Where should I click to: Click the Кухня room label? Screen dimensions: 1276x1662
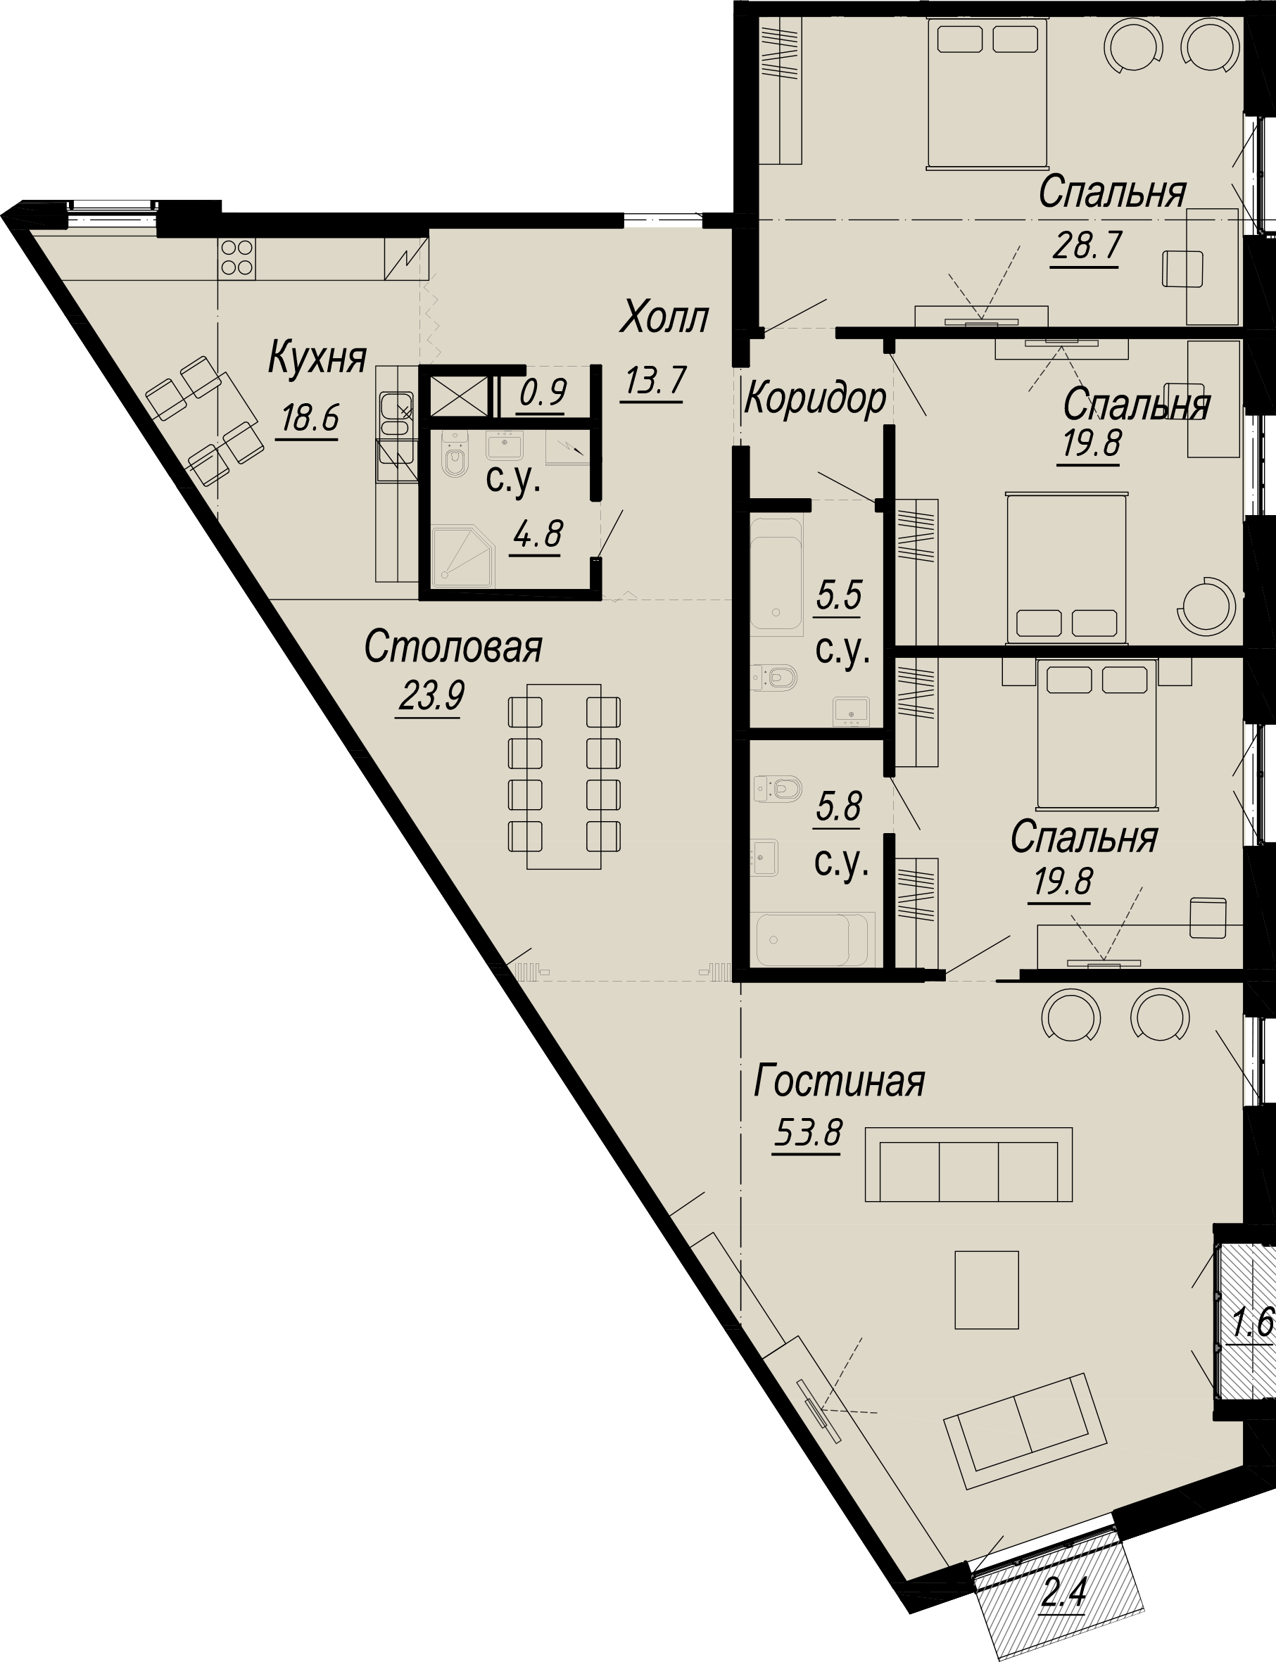tap(317, 358)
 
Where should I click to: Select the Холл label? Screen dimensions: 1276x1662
tap(664, 318)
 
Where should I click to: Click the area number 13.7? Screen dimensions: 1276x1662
tap(655, 380)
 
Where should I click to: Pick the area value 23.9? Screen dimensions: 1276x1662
tap(431, 696)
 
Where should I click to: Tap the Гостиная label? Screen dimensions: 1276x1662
tap(839, 1082)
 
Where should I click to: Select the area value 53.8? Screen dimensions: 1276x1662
tap(808, 1134)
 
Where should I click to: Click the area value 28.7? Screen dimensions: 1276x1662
tap(1087, 246)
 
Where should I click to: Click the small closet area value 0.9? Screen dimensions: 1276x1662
tap(543, 393)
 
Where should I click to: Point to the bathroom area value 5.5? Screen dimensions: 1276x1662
tap(838, 596)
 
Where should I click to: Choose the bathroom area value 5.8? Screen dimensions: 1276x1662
tap(838, 806)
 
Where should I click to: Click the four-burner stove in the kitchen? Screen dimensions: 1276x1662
tap(236, 258)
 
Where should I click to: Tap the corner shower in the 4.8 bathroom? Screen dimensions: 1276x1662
tap(462, 558)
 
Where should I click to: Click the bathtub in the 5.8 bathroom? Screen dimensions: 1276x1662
tap(812, 939)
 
